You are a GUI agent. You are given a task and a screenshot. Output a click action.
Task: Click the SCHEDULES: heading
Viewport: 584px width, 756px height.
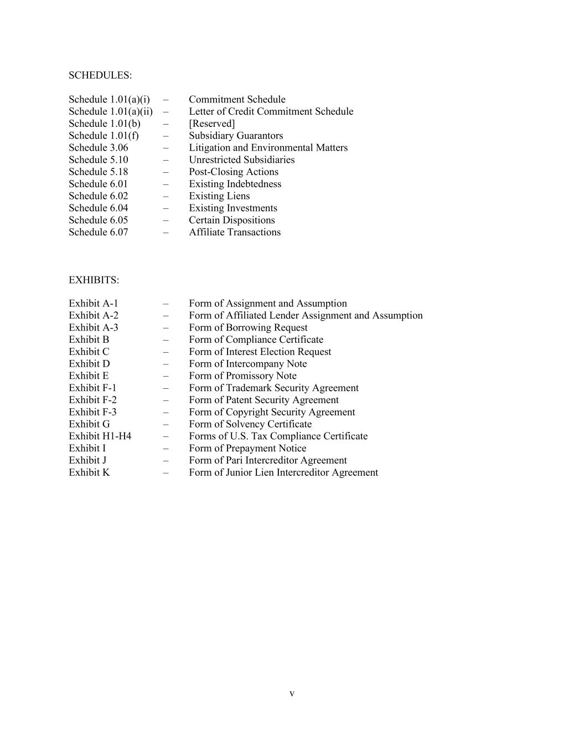[100, 75]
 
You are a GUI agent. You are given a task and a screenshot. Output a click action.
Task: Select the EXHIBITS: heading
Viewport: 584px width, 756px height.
[94, 280]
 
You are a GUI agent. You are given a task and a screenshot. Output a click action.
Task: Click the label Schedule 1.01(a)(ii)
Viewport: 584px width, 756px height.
[110, 112]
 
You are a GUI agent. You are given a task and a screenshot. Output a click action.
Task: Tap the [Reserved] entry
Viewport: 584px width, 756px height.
[211, 124]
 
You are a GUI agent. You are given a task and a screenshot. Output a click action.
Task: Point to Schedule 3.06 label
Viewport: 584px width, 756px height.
[98, 148]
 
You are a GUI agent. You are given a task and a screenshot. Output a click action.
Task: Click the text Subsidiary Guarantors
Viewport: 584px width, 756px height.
[235, 136]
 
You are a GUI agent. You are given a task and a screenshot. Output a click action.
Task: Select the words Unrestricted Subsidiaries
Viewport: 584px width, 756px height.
[241, 160]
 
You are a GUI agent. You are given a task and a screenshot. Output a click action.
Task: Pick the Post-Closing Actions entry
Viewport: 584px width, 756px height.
[233, 172]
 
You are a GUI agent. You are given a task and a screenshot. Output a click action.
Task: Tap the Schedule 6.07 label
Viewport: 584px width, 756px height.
[98, 233]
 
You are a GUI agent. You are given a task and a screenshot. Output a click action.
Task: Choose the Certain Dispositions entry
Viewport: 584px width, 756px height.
[231, 220]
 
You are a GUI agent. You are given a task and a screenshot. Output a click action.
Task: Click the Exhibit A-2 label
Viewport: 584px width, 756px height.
[93, 316]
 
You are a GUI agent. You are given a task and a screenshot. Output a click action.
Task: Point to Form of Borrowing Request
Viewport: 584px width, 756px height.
[247, 328]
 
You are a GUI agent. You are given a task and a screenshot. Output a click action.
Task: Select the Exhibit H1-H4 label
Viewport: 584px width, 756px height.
[100, 436]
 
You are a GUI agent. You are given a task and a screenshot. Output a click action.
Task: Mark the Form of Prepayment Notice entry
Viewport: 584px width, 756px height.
[247, 449]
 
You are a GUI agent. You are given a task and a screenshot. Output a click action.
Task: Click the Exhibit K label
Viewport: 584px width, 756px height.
[89, 473]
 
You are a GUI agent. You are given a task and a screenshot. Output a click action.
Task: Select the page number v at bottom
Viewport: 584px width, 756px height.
[292, 694]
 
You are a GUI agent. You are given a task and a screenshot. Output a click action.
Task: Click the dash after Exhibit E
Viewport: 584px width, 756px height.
[166, 376]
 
